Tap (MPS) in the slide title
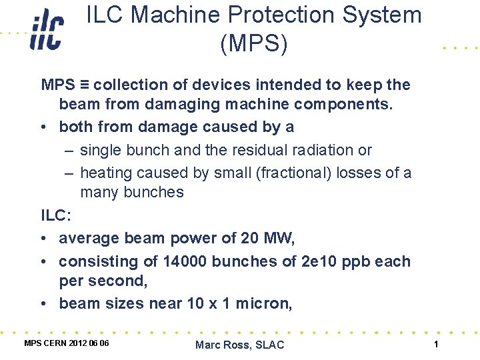point(254,44)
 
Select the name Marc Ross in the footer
point(223,345)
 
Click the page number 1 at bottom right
point(435,344)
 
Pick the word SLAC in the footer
point(269,345)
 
